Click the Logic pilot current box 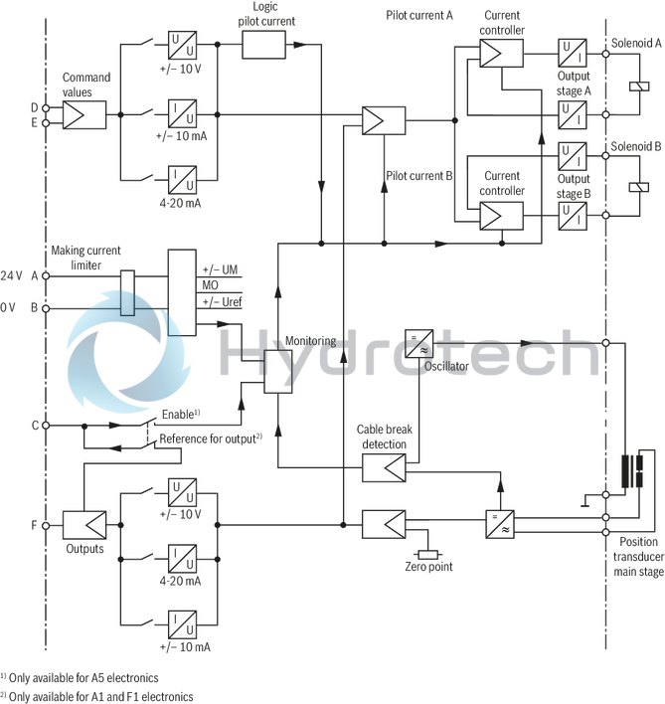pyautogui.click(x=264, y=44)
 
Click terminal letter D pyautogui.click(x=34, y=106)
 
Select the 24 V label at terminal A pyautogui.click(x=11, y=274)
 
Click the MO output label pyautogui.click(x=211, y=286)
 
